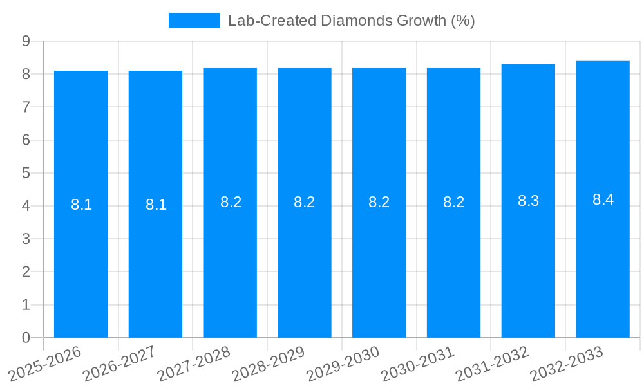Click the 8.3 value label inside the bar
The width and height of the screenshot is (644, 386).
(x=528, y=201)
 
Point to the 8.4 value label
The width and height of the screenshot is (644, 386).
(x=603, y=199)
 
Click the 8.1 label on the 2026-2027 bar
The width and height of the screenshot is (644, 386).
(x=156, y=205)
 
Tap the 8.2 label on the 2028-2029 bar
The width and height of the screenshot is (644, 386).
(x=304, y=202)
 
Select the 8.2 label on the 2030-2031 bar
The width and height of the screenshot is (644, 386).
(x=453, y=202)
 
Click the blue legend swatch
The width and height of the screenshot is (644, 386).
(x=194, y=21)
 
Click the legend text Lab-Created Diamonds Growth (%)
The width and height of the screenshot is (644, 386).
(x=351, y=21)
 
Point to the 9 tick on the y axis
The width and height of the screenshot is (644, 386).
(x=26, y=41)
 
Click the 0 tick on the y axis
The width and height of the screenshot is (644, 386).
(x=26, y=338)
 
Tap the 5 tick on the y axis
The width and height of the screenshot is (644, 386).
(x=26, y=173)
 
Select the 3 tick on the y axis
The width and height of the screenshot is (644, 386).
(x=26, y=239)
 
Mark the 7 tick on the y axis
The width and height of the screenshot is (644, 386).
(x=26, y=107)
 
